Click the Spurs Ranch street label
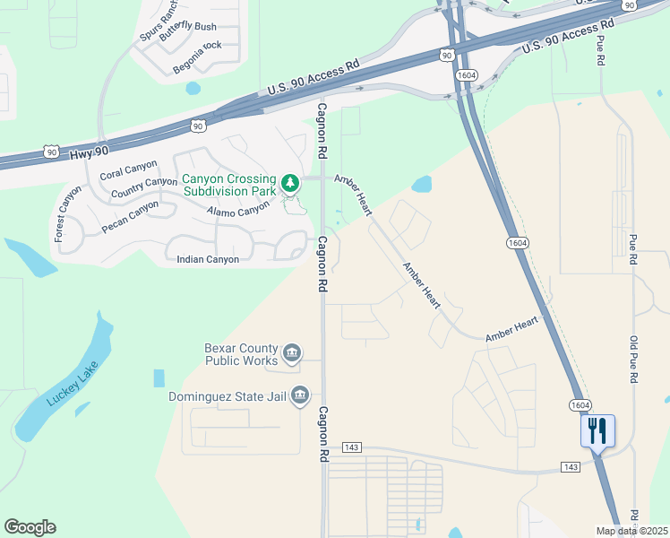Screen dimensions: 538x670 (x=158, y=17)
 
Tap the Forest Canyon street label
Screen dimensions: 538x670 (x=64, y=213)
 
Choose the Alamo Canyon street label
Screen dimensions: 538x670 (x=237, y=210)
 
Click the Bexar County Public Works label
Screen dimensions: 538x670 (x=242, y=354)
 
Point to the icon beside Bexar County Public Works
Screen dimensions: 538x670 (x=291, y=354)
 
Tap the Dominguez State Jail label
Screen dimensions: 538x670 (x=228, y=395)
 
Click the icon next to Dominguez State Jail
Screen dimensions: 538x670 (x=300, y=395)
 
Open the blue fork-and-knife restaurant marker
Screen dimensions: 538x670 (x=597, y=431)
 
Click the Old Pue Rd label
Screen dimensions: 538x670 (x=633, y=360)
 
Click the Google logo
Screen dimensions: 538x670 (x=30, y=527)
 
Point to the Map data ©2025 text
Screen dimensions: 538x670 (x=631, y=531)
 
